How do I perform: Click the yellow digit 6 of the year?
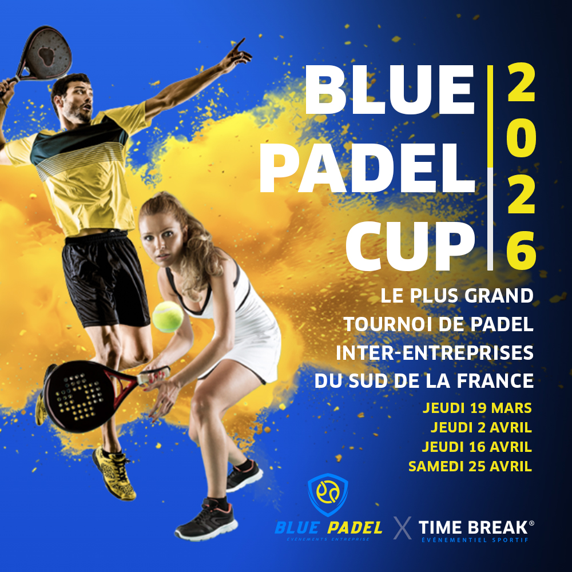[521, 250]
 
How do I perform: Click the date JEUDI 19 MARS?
[477, 408]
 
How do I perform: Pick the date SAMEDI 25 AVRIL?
[470, 466]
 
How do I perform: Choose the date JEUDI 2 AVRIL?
[481, 427]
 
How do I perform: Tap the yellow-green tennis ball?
[168, 317]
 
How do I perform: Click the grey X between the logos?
[403, 528]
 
